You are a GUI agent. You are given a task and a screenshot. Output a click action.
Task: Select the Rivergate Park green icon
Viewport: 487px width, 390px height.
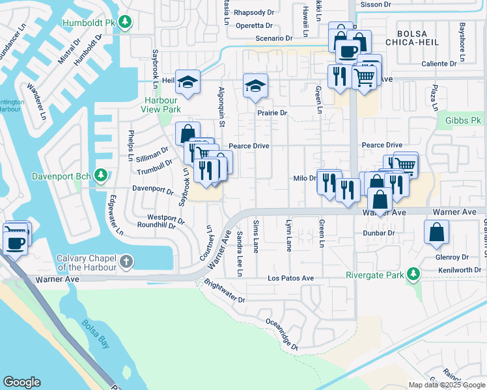click(x=412, y=274)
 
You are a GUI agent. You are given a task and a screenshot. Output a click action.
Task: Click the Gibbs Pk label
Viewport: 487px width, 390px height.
click(x=463, y=120)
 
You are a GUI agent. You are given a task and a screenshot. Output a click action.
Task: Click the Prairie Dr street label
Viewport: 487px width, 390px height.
click(x=271, y=112)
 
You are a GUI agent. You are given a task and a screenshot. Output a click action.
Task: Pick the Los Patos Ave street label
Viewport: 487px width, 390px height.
click(x=291, y=278)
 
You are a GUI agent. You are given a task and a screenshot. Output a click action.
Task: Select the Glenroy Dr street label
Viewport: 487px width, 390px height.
click(x=452, y=257)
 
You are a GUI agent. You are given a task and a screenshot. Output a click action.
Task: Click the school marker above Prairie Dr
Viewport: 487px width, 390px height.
click(x=255, y=85)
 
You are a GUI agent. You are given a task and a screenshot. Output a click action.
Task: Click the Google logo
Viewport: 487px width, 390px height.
click(x=21, y=382)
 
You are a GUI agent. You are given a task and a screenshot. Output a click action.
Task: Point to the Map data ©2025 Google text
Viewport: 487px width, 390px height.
click(x=446, y=385)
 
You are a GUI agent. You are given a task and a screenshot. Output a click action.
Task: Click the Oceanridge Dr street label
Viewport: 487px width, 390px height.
click(x=281, y=334)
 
